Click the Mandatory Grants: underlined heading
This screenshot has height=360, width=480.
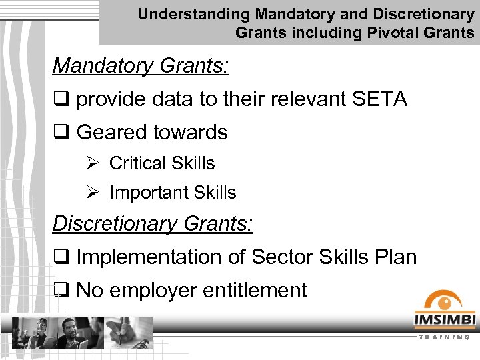[141, 65]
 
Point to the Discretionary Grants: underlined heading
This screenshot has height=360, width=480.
[153, 223]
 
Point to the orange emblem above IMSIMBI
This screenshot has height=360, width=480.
[444, 301]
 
